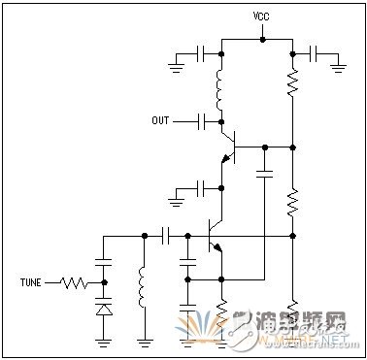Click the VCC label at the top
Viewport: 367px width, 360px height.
[x=261, y=16]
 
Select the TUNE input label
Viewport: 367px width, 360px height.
[x=32, y=283]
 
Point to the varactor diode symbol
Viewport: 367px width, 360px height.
[x=103, y=309]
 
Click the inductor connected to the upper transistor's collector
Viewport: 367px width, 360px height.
[x=222, y=88]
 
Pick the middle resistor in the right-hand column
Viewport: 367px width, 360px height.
[x=292, y=203]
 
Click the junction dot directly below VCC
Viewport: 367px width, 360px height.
[x=261, y=39]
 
